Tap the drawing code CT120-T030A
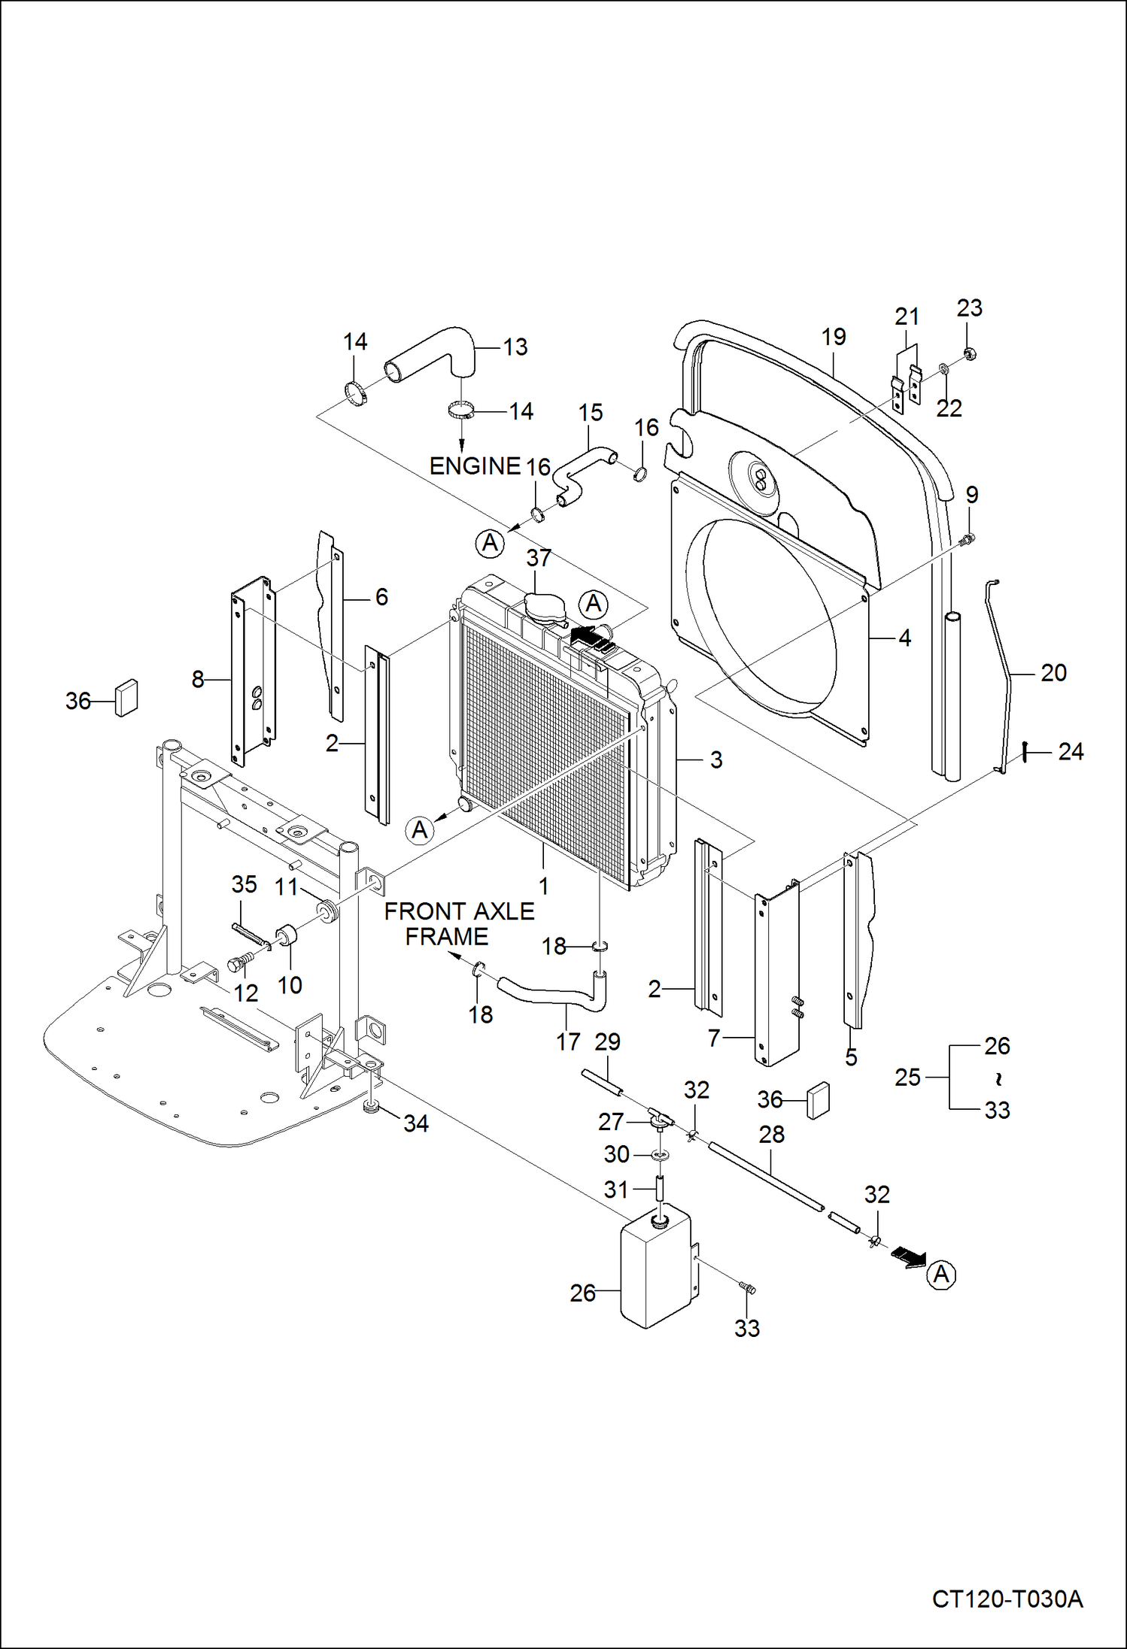pyautogui.click(x=1007, y=1599)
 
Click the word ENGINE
pyautogui.click(x=474, y=466)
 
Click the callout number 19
pyautogui.click(x=833, y=337)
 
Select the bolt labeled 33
pyautogui.click(x=747, y=1289)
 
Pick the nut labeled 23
pyautogui.click(x=970, y=353)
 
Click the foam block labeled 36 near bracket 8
pyautogui.click(x=126, y=698)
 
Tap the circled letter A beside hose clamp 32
pyautogui.click(x=940, y=1275)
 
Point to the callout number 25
pyautogui.click(x=907, y=1078)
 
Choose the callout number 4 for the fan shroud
pyautogui.click(x=904, y=638)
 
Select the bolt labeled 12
pyautogui.click(x=238, y=963)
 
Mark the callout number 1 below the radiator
pyautogui.click(x=543, y=886)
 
